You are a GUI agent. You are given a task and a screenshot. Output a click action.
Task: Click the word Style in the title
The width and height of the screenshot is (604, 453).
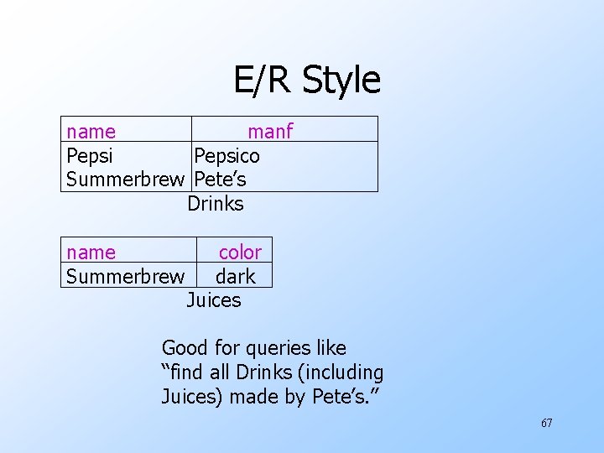click(341, 81)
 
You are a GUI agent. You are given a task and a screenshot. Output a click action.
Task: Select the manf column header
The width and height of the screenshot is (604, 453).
click(270, 132)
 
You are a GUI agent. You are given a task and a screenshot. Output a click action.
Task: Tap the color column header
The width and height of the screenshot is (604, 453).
click(240, 253)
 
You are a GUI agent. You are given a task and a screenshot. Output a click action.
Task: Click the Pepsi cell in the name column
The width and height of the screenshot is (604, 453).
click(90, 156)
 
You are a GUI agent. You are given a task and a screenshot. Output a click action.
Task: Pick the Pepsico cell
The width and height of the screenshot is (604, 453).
click(226, 156)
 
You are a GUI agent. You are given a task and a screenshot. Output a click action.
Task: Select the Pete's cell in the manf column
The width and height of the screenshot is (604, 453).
click(220, 180)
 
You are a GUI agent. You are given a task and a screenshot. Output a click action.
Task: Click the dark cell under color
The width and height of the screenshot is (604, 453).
click(236, 276)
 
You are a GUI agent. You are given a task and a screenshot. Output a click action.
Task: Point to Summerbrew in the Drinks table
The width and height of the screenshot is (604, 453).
click(125, 180)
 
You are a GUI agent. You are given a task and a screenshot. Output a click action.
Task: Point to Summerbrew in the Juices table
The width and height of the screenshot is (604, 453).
click(125, 276)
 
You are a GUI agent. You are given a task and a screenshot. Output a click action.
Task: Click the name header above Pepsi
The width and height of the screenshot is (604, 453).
click(91, 132)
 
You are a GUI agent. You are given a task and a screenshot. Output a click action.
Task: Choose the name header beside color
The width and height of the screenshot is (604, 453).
click(91, 253)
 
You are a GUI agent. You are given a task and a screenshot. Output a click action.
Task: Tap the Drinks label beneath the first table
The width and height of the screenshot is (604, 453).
click(216, 204)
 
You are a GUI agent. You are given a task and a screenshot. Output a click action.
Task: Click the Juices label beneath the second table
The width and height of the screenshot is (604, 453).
click(214, 300)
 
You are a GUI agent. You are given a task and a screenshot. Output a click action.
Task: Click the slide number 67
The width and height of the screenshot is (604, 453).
click(546, 423)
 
